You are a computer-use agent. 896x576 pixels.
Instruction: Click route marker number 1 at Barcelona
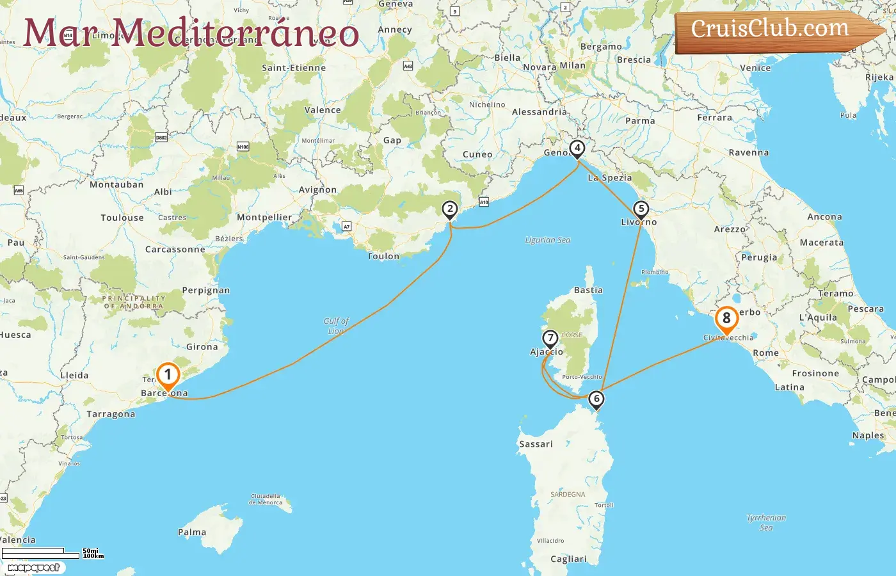pyautogui.click(x=168, y=375)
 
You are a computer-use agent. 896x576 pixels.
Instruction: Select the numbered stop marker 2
pyautogui.click(x=450, y=209)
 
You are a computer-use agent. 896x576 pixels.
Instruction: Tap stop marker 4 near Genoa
pyautogui.click(x=577, y=148)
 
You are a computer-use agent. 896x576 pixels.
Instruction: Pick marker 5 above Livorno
pyautogui.click(x=641, y=209)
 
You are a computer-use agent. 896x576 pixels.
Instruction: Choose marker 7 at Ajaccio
pyautogui.click(x=550, y=338)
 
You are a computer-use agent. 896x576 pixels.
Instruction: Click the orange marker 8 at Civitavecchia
pyautogui.click(x=726, y=319)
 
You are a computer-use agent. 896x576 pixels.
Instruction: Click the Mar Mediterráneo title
pyautogui.click(x=191, y=33)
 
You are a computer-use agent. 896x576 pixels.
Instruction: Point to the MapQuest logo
pyautogui.click(x=33, y=568)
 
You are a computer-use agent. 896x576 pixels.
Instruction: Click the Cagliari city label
pyautogui.click(x=568, y=559)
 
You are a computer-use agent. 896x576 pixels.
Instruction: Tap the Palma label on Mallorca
pyautogui.click(x=192, y=532)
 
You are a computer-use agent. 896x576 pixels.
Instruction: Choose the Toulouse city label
pyautogui.click(x=122, y=218)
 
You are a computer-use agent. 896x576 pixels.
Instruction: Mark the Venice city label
pyautogui.click(x=755, y=68)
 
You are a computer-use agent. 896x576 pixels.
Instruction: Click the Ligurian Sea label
pyautogui.click(x=547, y=240)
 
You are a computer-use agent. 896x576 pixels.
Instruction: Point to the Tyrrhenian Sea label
pyautogui.click(x=766, y=522)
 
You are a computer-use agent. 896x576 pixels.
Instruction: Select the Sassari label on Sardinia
pyautogui.click(x=536, y=444)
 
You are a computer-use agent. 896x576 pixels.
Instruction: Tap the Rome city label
pyautogui.click(x=765, y=353)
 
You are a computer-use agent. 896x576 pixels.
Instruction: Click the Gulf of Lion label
pyautogui.click(x=336, y=326)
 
